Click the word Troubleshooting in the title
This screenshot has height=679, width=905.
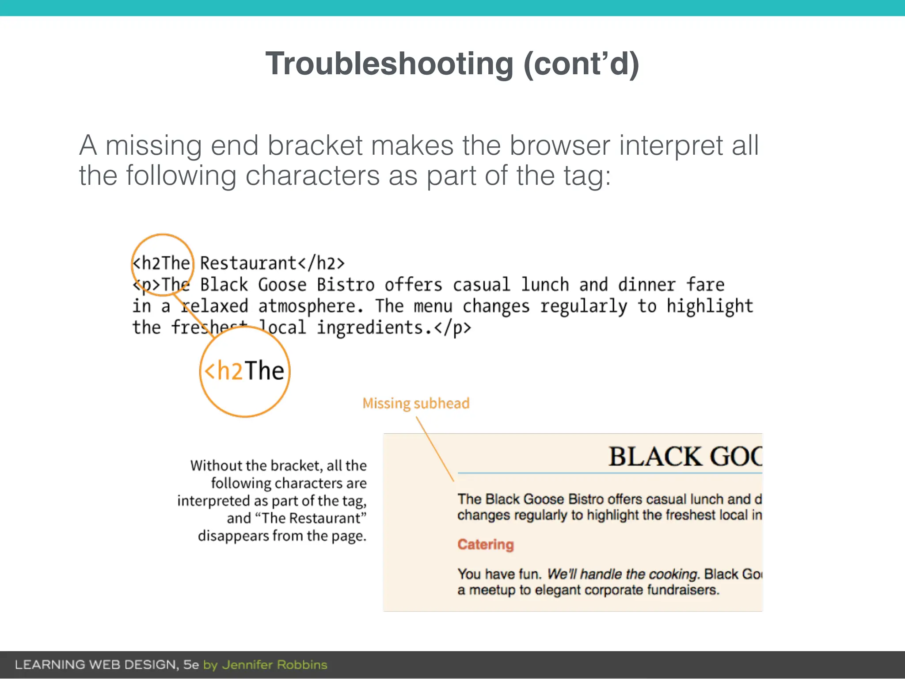[x=389, y=64]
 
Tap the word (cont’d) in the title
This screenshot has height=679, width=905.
[x=581, y=64]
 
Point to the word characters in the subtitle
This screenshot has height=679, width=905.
[x=312, y=175]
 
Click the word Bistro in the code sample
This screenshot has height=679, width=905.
[x=346, y=285]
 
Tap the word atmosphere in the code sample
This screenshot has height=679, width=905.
[x=312, y=306]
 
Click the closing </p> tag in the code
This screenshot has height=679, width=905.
[x=453, y=328]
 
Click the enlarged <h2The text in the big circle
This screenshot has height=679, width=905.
[x=244, y=370]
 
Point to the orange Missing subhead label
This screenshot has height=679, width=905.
[x=416, y=403]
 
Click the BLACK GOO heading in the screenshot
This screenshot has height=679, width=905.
[x=685, y=456]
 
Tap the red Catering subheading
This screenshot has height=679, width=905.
[x=486, y=544]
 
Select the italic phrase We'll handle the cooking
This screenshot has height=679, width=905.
[x=623, y=574]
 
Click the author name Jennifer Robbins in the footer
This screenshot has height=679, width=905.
[x=274, y=665]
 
